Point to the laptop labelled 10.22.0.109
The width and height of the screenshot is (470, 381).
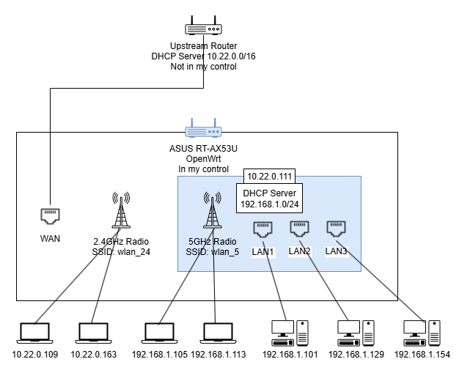34,333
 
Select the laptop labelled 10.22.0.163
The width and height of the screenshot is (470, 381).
93,333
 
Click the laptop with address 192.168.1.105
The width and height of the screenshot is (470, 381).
160,333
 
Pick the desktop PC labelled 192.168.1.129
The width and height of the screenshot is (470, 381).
355,333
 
